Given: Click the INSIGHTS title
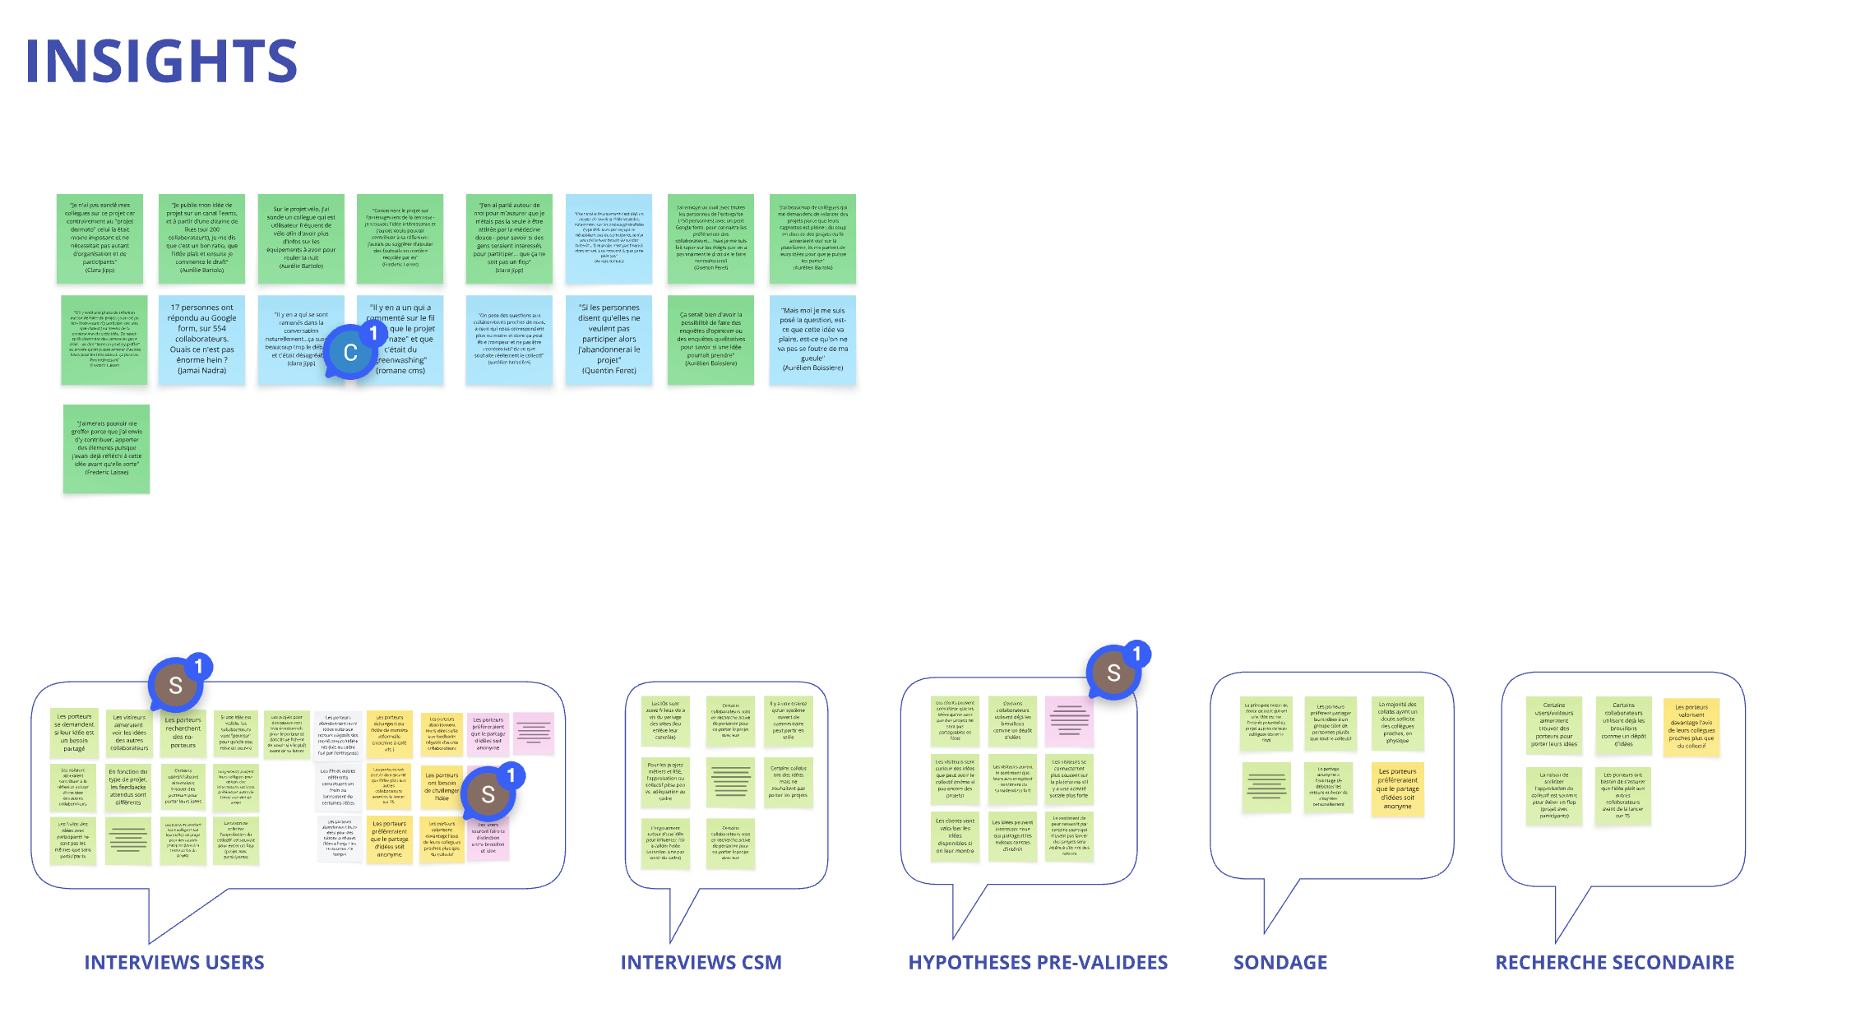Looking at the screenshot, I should tap(161, 61).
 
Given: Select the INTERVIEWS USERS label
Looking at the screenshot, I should tap(174, 962).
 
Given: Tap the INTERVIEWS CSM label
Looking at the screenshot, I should tap(701, 962).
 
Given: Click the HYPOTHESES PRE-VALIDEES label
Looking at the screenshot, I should tap(1038, 962).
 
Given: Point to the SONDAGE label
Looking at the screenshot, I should tap(1280, 962).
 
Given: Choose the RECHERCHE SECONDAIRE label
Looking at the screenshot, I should tap(1614, 962).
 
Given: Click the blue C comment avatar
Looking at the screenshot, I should tap(349, 353).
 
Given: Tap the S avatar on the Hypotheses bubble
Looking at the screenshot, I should tap(1113, 673).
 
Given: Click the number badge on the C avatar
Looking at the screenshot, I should tap(373, 333).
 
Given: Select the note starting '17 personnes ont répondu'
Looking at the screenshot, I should tap(201, 339).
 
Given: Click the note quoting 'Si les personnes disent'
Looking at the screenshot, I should tap(609, 339).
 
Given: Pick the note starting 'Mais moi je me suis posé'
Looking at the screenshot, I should tap(812, 339).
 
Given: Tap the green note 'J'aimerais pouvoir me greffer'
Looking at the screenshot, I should tap(106, 448).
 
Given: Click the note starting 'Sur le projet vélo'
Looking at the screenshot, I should tap(301, 238).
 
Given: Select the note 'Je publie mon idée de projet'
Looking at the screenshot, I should tap(201, 238).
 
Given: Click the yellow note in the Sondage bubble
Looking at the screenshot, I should tap(1397, 789).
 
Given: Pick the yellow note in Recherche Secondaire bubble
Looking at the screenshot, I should tap(1691, 726).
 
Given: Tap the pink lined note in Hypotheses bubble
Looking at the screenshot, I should tap(1069, 720).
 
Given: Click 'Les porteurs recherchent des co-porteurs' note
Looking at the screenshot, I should tap(183, 733).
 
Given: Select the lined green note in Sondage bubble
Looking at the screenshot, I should tap(1266, 787).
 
